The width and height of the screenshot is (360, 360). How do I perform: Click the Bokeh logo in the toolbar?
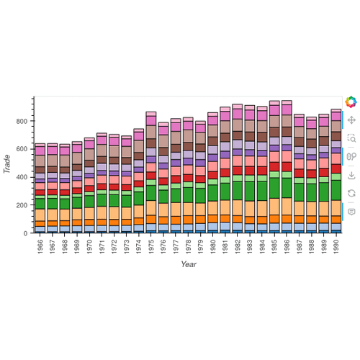pos(351,102)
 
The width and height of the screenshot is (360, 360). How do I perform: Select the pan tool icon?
pos(351,120)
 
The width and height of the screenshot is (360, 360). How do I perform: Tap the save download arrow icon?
pos(351,175)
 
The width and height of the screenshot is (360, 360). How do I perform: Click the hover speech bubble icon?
pos(351,212)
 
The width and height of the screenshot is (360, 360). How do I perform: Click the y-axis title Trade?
pos(7,165)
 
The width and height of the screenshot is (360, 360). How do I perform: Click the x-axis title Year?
pos(189,265)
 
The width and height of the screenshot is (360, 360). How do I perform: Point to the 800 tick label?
pos(23,121)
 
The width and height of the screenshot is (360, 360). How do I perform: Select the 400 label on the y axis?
pos(23,177)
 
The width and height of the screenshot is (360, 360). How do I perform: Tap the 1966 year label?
pos(40,246)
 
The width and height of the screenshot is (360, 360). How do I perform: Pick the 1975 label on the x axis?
pos(150,246)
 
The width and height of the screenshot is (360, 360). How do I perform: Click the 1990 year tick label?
pos(336,246)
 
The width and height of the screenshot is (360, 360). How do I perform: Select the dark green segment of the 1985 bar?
pos(274,188)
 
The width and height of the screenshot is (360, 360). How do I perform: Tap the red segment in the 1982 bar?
pos(237,171)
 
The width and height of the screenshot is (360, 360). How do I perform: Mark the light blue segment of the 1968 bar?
pos(65,228)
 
